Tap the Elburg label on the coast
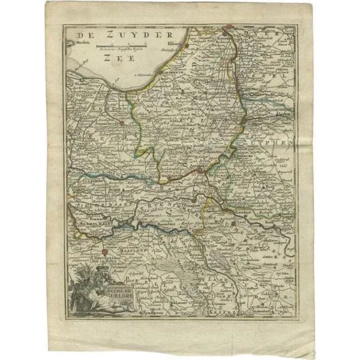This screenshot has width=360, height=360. [x=174, y=45]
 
